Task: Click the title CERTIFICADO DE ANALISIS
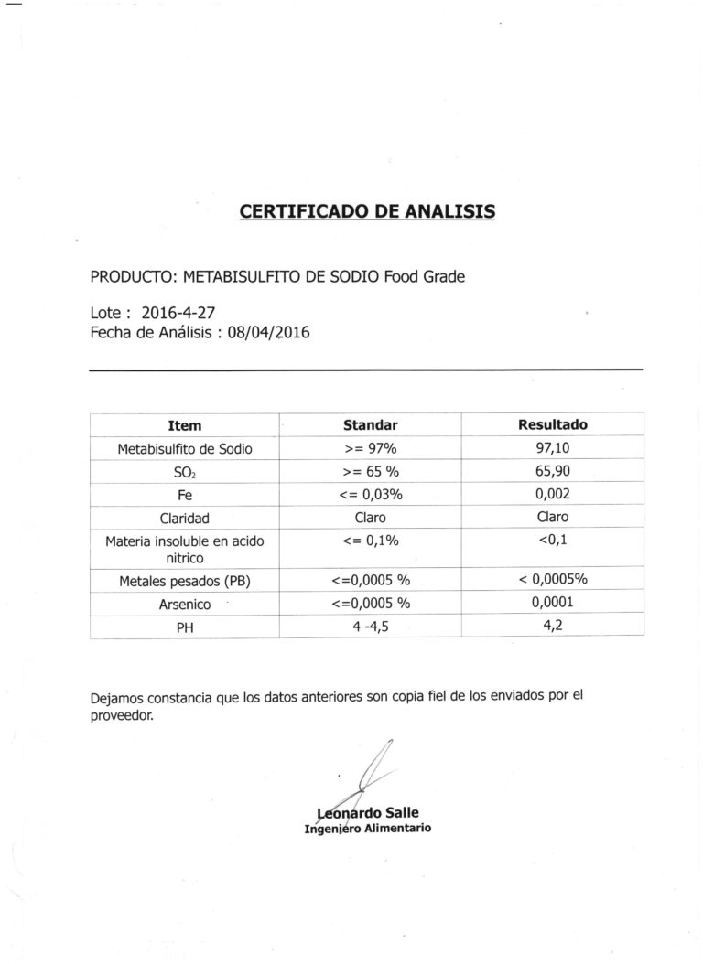(x=367, y=211)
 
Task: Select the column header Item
(x=185, y=425)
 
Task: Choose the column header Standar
(x=370, y=425)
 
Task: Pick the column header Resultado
(x=553, y=424)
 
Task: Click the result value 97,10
(x=553, y=448)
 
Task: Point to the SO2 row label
(x=185, y=473)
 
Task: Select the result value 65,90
(x=553, y=471)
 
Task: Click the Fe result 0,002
(x=553, y=494)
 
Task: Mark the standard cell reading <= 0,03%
(x=370, y=495)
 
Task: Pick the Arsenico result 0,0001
(x=553, y=603)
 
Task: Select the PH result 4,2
(x=553, y=627)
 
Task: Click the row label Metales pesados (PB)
(x=185, y=581)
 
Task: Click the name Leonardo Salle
(x=367, y=812)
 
